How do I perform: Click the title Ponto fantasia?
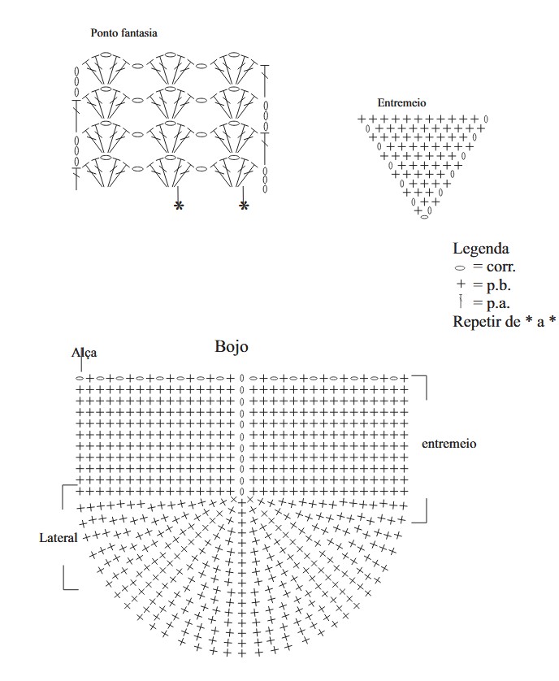[123, 34]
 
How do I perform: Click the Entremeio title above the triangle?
[401, 103]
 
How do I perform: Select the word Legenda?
[481, 249]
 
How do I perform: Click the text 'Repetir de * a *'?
[504, 322]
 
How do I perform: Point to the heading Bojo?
[232, 346]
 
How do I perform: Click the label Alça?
[84, 353]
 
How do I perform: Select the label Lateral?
[58, 538]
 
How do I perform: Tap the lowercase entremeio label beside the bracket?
[448, 445]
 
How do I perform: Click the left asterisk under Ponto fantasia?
[179, 207]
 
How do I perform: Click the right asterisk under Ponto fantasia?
[244, 207]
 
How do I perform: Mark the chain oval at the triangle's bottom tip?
[424, 219]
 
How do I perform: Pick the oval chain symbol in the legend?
[461, 267]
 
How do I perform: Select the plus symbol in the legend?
[461, 285]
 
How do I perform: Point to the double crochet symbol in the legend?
[461, 303]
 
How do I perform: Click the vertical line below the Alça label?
[81, 366]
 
